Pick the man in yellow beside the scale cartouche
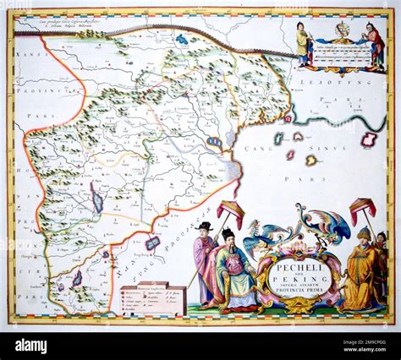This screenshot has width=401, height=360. point(302,44)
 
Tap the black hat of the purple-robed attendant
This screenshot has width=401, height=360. point(204,226)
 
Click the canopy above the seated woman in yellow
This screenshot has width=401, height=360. point(363,206)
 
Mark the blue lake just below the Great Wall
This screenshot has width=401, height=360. point(182,39)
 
